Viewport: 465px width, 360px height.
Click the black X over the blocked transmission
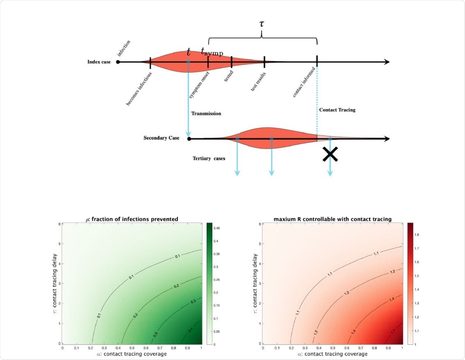(330, 154)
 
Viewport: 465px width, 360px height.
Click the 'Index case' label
(99, 62)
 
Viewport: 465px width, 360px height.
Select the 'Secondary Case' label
(161, 138)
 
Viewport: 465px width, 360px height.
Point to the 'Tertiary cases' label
(209, 158)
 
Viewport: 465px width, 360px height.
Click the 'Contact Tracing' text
(337, 110)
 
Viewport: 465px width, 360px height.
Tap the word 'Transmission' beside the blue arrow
(206, 114)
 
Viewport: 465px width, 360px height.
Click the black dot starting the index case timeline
(118, 62)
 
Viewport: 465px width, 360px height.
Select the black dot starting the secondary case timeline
(189, 139)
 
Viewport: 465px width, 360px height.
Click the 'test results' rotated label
(258, 82)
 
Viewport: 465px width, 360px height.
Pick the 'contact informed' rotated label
(306, 83)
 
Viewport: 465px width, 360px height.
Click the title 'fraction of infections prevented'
(132, 219)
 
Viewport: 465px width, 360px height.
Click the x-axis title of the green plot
(132, 354)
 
